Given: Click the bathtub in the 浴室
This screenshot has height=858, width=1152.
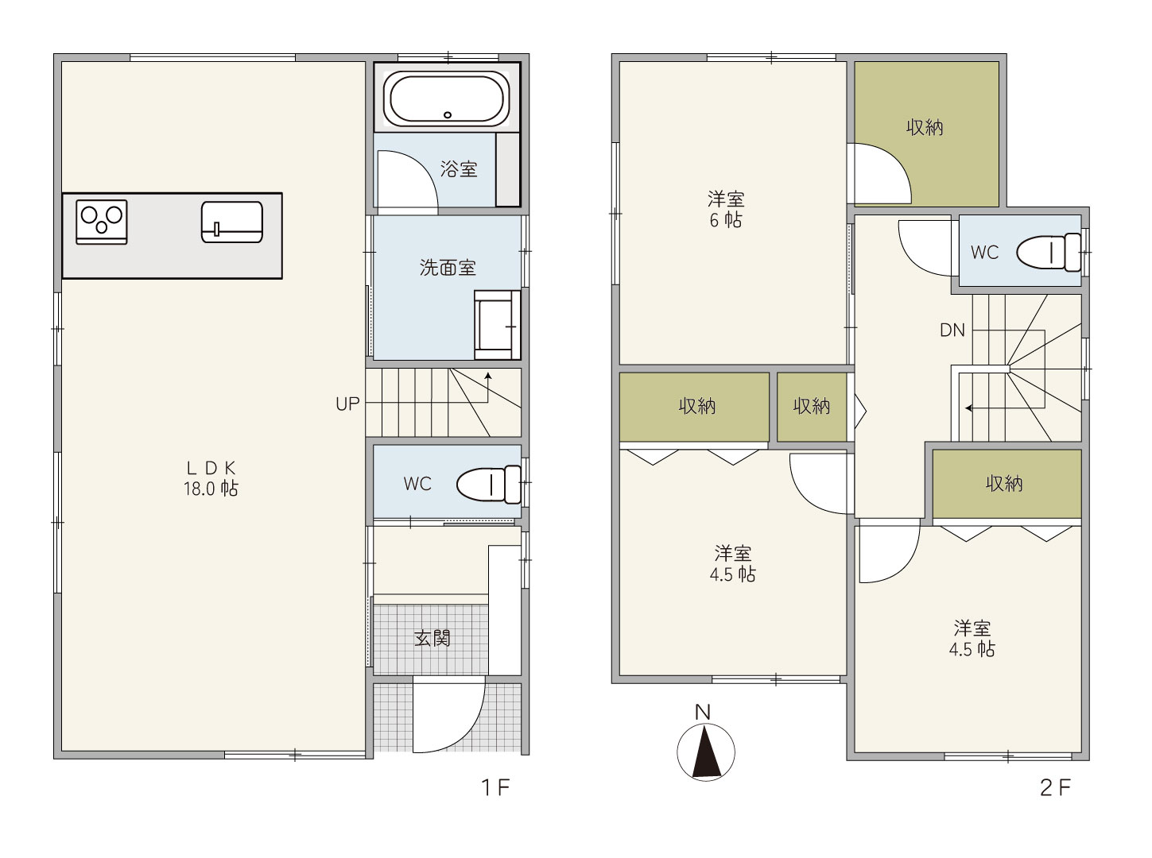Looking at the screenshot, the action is click(x=446, y=98).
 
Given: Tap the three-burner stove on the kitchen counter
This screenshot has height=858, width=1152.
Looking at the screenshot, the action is click(x=102, y=222).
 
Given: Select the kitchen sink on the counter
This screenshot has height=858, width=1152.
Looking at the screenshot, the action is click(x=232, y=222).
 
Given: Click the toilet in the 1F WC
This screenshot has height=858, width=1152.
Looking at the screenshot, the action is click(x=488, y=485).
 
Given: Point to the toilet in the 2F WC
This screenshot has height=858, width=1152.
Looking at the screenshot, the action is click(x=1049, y=253).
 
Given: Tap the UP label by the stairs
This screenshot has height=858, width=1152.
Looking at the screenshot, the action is click(x=347, y=404).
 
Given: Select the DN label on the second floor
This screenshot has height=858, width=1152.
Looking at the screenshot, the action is click(x=952, y=330).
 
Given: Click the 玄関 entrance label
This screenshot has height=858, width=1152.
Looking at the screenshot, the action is click(x=432, y=638).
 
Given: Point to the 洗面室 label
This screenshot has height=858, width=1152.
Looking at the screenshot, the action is click(x=447, y=268).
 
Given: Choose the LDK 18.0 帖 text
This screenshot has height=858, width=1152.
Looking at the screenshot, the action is click(x=211, y=478).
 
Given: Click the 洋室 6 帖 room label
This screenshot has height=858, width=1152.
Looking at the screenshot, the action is click(x=726, y=209).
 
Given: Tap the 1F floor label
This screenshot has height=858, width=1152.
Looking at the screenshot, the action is click(x=495, y=787).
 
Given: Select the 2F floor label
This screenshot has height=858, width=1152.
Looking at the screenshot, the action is click(x=1055, y=788).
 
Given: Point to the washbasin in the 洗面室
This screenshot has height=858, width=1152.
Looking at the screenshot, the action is click(x=497, y=325).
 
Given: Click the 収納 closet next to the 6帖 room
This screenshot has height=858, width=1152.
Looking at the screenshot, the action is click(x=926, y=134).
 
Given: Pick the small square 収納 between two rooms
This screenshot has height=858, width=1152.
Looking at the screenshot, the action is click(x=812, y=407).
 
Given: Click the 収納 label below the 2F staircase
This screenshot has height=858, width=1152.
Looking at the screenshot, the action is click(x=1004, y=484).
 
